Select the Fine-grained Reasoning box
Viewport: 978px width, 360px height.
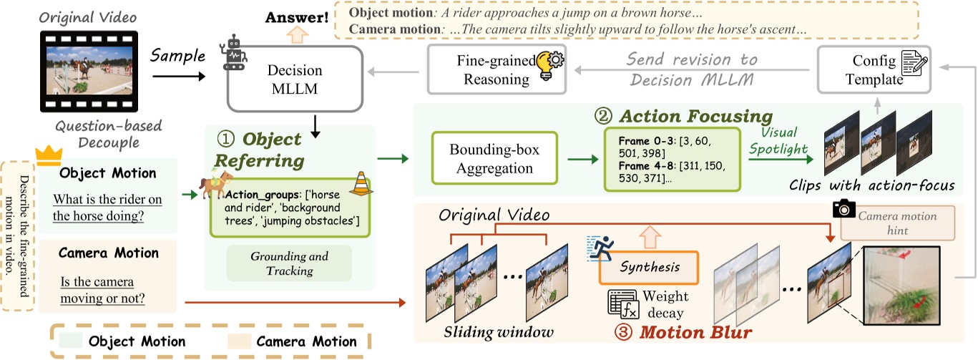(x=494, y=69)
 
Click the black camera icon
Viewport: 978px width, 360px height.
(x=844, y=208)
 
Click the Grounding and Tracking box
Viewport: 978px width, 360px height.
(x=290, y=264)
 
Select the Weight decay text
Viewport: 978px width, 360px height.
(x=664, y=303)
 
